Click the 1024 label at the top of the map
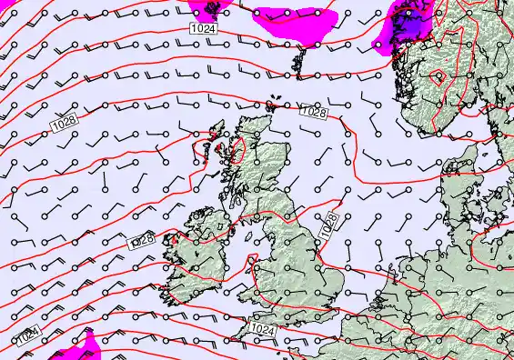[x=204, y=30]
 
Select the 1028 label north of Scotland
[x=313, y=113]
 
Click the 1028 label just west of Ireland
[x=142, y=240]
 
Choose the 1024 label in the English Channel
[x=262, y=329]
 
